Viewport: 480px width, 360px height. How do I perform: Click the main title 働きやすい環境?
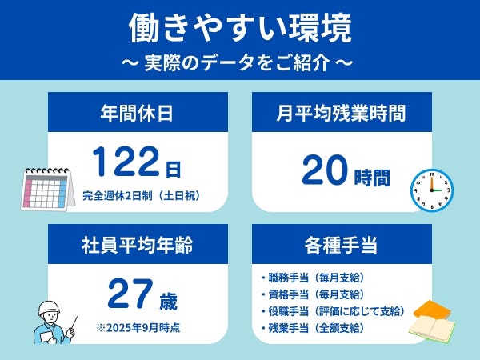coord(240,28)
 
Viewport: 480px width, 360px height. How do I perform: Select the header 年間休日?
coord(137,113)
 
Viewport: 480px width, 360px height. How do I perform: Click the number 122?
coord(126,162)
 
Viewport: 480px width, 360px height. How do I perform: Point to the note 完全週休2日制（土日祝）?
coord(142,195)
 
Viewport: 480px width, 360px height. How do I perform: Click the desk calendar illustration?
coord(48,189)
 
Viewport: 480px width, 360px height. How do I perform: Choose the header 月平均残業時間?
coord(341,113)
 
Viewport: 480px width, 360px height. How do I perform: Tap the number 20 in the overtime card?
coord(325,170)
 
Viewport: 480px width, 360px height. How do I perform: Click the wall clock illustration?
coord(432,190)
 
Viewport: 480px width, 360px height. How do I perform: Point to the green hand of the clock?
coord(437,190)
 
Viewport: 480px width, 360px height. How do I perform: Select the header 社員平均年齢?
coord(137,245)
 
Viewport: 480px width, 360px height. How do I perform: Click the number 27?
coord(130,294)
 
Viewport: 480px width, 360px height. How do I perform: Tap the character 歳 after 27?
coord(168,301)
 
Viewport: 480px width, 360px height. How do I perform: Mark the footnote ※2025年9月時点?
coord(138,328)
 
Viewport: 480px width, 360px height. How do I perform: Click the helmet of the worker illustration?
coord(49,307)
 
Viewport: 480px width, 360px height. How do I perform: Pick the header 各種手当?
coord(341,245)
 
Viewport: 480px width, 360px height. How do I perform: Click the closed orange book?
coord(432,310)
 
